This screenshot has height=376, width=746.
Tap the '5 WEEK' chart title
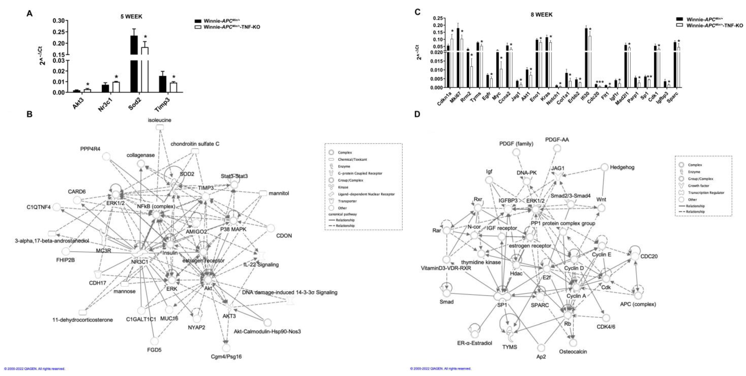(131, 16)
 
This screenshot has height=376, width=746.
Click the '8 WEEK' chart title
(541, 14)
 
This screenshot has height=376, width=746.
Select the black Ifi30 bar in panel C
(586, 58)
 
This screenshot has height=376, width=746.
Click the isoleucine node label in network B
(160, 120)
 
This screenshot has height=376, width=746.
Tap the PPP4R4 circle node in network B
(106, 157)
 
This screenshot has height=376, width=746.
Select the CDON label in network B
(284, 236)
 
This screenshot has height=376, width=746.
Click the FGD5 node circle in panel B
(155, 341)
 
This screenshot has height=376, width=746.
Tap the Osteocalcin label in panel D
(573, 352)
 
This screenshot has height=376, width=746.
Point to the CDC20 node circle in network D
(635, 256)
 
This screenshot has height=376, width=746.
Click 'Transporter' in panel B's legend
(347, 201)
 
